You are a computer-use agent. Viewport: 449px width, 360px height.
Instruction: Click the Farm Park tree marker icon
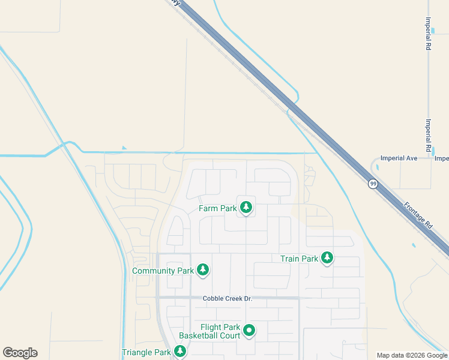tap(246, 208)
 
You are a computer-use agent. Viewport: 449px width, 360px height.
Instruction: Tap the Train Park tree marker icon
tap(327, 258)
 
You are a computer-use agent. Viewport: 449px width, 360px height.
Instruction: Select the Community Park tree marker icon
tap(203, 270)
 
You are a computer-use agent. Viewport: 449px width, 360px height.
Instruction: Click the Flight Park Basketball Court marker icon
tap(249, 330)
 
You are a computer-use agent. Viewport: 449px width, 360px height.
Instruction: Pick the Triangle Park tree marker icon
tap(179, 352)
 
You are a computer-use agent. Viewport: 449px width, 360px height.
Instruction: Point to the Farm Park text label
tap(218, 209)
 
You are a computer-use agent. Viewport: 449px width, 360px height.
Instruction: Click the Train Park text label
tap(299, 259)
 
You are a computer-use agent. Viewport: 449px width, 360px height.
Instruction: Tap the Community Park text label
tap(163, 271)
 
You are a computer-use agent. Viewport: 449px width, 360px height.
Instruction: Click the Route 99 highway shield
tap(373, 184)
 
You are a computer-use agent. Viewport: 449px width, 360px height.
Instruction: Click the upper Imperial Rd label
tap(428, 33)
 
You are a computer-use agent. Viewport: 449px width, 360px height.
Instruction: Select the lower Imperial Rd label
tap(428, 135)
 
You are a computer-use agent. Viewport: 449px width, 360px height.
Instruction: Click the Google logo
tap(20, 353)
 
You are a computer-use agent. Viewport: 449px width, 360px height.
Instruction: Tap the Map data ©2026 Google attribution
tap(411, 355)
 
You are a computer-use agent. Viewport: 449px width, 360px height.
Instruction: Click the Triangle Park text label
tap(146, 353)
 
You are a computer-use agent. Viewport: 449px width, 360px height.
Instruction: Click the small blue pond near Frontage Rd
tap(414, 245)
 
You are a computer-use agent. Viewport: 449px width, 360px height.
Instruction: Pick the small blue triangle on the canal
tap(124, 148)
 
